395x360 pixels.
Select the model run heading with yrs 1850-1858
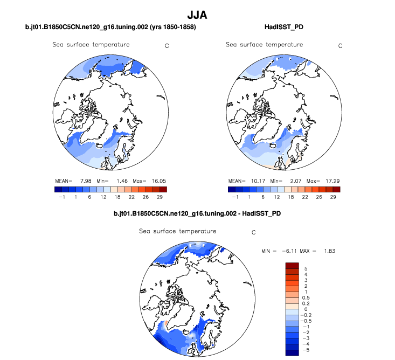click(110, 26)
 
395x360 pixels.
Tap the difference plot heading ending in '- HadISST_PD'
click(197, 214)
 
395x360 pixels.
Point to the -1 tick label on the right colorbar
click(234, 197)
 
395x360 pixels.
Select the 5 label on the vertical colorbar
click(306, 268)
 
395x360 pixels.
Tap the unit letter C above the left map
click(167, 46)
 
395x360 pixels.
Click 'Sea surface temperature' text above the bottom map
click(177, 232)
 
